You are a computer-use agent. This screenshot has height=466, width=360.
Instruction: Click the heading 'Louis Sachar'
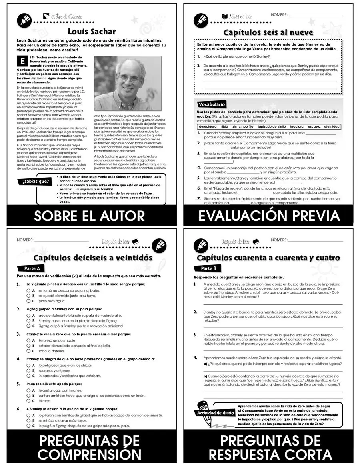point(92,31)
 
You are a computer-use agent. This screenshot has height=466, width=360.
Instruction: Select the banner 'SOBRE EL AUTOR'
point(89,216)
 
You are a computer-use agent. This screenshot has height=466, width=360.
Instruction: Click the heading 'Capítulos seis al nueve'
point(268,32)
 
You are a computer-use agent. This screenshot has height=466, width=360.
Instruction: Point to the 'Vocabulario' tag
point(212,104)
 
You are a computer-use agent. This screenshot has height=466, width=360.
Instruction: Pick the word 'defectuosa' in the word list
point(207,127)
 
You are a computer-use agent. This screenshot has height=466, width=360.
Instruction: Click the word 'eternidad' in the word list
point(332,127)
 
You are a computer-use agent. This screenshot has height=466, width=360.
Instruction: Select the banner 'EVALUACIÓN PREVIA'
point(269,216)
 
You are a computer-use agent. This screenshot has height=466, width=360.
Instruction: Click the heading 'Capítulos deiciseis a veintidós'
point(93,258)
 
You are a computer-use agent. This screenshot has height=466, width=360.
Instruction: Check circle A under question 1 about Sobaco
point(28,290)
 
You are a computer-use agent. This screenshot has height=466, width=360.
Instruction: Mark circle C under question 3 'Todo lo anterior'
point(28,351)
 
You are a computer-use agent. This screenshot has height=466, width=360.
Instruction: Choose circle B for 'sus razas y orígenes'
point(28,371)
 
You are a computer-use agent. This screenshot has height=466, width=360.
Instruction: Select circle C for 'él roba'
point(28,400)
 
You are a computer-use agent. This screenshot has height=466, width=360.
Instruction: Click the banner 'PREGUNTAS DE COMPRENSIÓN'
point(89,447)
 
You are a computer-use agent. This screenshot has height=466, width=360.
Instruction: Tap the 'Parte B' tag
point(208,268)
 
